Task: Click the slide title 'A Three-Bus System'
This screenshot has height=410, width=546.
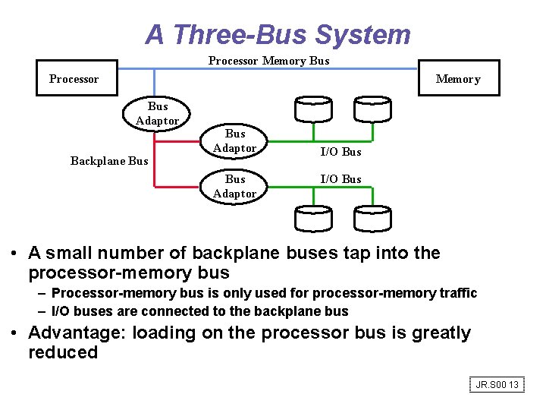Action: [278, 34]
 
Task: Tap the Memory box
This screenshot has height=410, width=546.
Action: [458, 78]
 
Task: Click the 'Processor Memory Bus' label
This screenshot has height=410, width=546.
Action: [268, 61]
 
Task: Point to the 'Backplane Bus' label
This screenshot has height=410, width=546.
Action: [109, 161]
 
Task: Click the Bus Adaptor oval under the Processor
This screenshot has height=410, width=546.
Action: [158, 113]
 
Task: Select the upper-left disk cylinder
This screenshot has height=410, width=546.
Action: [313, 109]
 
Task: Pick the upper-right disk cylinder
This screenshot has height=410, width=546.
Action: [372, 109]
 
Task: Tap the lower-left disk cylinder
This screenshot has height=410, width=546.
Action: [313, 219]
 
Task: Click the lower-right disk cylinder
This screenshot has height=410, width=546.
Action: [372, 219]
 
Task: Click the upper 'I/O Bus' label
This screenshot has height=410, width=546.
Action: [340, 152]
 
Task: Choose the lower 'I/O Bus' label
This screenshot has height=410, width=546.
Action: [340, 179]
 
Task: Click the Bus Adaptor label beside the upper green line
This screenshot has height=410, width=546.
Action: [235, 140]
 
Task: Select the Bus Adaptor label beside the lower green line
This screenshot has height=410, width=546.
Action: [235, 186]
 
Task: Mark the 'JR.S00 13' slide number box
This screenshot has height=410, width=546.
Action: [497, 385]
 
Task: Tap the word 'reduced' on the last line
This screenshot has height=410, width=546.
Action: [63, 352]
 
